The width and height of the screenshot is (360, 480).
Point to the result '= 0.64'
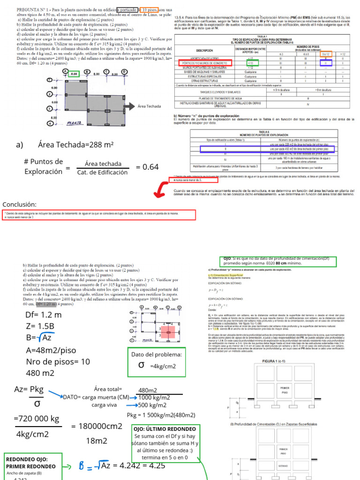tap(147, 166)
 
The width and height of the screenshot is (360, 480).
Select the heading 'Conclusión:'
tap(19, 204)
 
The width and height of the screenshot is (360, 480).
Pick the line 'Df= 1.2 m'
tap(44, 315)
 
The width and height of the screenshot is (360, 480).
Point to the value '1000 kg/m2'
tap(154, 397)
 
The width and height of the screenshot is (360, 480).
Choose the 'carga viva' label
tap(105, 405)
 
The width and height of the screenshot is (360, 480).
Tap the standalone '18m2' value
tap(97, 441)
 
